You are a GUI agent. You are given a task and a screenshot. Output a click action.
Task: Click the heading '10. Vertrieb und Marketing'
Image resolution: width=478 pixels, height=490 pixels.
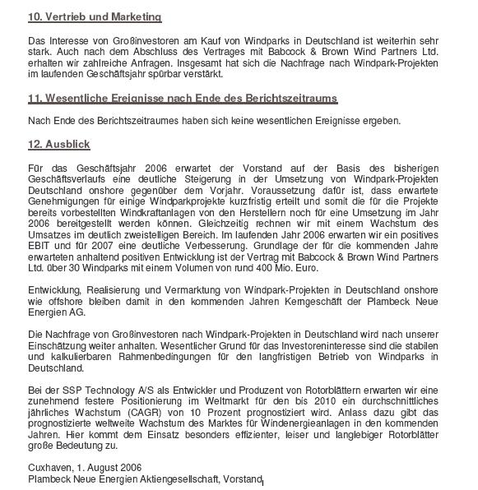point(95,17)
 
